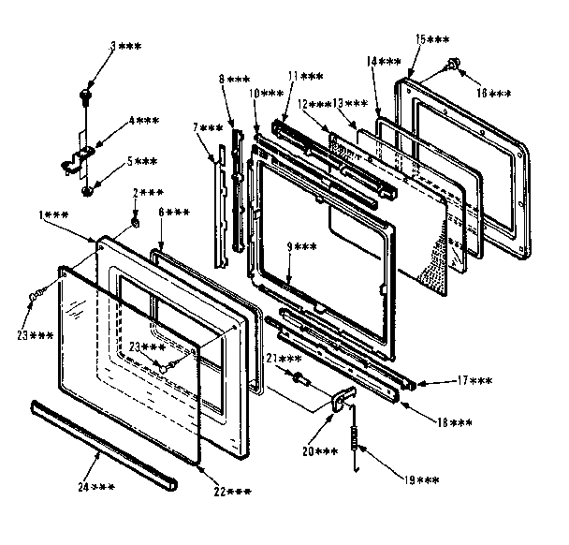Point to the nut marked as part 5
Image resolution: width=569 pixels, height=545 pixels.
[87, 192]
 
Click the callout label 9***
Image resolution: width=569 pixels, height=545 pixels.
[305, 246]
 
